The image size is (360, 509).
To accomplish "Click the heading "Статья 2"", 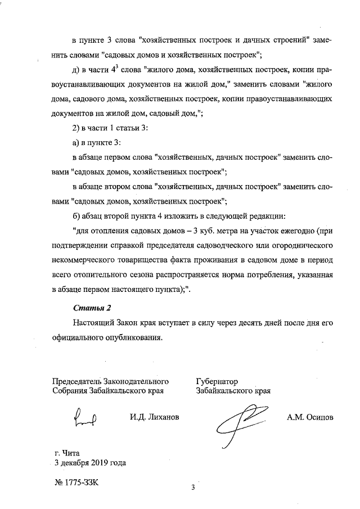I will pos(93,308).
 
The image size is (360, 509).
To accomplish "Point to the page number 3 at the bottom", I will pos(192,488).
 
